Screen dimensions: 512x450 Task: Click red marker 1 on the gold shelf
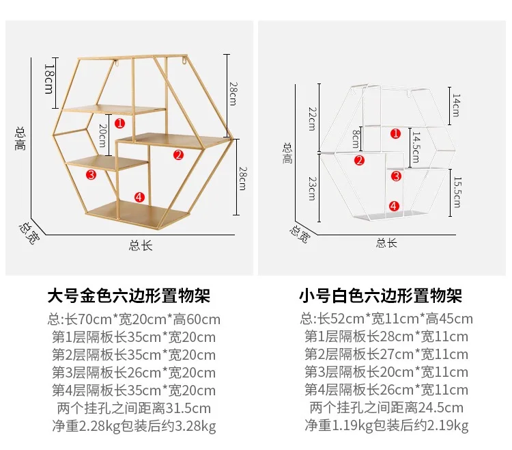119,124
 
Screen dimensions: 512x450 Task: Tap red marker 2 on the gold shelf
178,155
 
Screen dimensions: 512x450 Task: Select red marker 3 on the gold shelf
91,174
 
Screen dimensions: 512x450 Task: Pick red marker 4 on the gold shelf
139,197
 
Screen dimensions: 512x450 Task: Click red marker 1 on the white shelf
395,133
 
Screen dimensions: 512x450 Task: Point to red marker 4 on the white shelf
394,206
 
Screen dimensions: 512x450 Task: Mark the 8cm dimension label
356,140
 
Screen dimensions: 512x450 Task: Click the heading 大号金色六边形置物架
129,295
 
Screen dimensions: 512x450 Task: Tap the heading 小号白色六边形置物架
382,295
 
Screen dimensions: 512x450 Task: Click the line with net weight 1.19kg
386,426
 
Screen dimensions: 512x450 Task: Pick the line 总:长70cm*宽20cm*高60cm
134,319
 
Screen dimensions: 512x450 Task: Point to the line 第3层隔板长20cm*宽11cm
386,373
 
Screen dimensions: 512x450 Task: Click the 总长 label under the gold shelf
141,246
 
